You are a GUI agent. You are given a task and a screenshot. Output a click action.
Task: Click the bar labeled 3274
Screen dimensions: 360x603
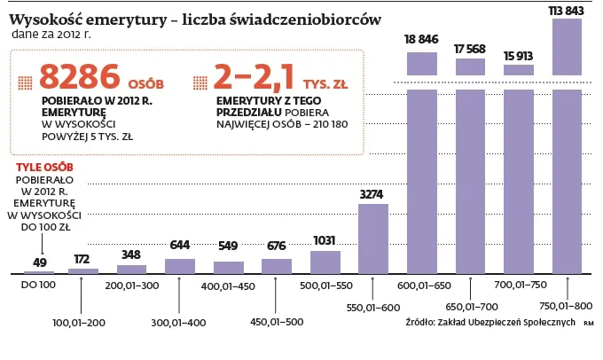point(372,238)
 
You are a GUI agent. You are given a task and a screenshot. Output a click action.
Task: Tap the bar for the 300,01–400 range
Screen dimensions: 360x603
point(180,265)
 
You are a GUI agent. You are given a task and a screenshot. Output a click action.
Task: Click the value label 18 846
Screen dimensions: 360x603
point(421,40)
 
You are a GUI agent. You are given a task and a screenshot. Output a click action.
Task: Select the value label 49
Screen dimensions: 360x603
point(39,262)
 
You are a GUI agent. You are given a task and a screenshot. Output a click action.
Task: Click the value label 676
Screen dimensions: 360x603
point(277,247)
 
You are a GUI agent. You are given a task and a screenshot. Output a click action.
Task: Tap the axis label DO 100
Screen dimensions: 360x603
point(38,286)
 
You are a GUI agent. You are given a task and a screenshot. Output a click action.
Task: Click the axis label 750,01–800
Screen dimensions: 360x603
point(566,307)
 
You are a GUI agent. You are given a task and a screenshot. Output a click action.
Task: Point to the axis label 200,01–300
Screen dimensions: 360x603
point(131,286)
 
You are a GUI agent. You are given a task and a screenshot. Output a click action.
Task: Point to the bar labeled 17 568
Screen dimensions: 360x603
point(470,168)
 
